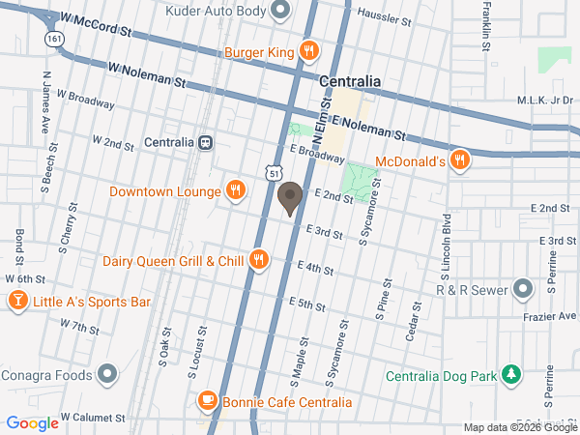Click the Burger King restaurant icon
[308, 52]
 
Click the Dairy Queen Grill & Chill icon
[258, 260]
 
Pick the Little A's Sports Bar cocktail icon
[17, 303]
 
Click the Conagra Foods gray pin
[107, 374]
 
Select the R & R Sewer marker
[523, 288]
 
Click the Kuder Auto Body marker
[281, 12]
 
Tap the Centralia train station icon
[206, 142]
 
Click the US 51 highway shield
[275, 172]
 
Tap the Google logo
[32, 423]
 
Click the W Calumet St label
[93, 418]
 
